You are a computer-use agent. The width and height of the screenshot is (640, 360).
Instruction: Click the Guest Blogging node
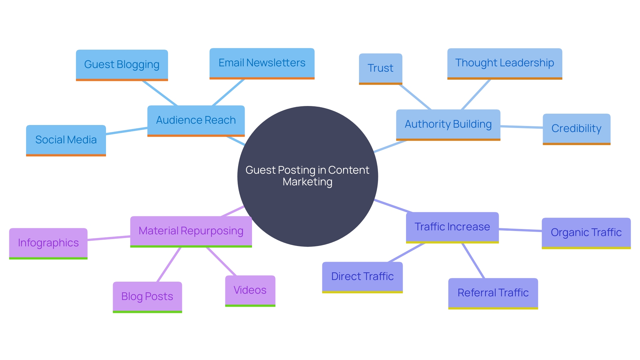tap(122, 65)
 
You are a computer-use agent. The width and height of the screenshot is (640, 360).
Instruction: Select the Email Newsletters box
tap(262, 63)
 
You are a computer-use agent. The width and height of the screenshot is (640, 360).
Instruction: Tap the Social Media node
tap(66, 140)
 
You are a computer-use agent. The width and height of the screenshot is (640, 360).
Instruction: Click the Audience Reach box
tap(196, 120)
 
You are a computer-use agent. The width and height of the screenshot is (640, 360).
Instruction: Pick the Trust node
tap(380, 68)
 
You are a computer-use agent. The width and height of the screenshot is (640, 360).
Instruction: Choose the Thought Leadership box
tap(504, 63)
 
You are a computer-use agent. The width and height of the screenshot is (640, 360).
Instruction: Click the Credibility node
tap(576, 129)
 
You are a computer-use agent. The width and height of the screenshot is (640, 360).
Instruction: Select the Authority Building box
tap(448, 124)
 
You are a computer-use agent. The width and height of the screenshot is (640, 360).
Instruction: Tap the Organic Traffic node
tap(586, 233)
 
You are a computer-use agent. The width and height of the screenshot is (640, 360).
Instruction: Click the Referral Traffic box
tap(493, 293)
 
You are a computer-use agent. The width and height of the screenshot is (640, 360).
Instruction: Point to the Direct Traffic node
tap(362, 277)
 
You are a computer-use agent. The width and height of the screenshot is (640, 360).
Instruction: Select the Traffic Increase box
tap(452, 227)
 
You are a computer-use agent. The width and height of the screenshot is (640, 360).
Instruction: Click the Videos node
tap(250, 290)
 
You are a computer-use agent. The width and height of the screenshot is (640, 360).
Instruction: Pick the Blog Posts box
tap(147, 297)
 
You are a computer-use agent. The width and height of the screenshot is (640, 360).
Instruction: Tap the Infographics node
tap(48, 243)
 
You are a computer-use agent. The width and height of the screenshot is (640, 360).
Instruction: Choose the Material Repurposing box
tap(191, 231)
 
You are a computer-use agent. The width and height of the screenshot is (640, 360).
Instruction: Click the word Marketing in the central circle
tap(307, 182)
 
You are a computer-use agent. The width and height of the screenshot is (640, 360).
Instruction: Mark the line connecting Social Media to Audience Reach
tap(127, 131)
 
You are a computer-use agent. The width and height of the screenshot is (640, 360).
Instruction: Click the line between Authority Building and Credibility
tap(521, 127)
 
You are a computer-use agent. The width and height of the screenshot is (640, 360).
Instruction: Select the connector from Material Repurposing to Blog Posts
tap(169, 264)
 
